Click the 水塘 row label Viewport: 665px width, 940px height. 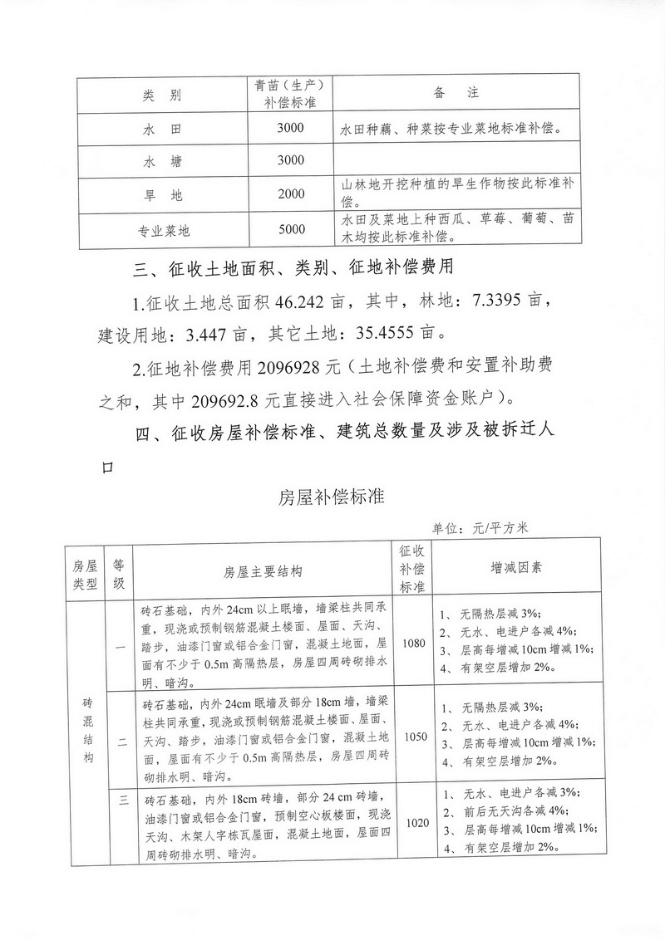161,161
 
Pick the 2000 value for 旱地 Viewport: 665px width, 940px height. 292,194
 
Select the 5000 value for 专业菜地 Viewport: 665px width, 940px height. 292,230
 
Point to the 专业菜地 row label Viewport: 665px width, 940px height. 161,231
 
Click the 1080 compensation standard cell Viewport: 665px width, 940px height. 413,643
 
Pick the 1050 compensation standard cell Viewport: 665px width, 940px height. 413,735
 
